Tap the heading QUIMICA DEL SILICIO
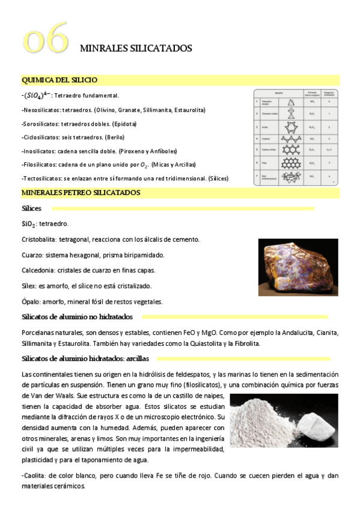(59, 80)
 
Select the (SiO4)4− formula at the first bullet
(37, 96)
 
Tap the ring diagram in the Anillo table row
(291, 127)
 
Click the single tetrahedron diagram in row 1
(291, 102)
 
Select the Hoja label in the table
(264, 162)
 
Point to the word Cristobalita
(38, 239)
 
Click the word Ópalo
(30, 302)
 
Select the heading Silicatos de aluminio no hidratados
(77, 316)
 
